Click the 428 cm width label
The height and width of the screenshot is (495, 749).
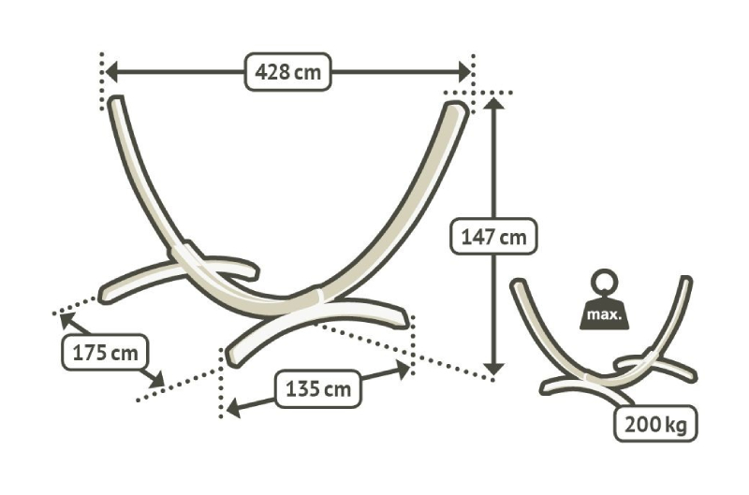click(287, 72)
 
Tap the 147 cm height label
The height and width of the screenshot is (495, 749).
click(494, 237)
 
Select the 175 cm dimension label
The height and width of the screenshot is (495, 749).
click(105, 353)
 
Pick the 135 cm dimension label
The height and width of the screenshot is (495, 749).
click(317, 388)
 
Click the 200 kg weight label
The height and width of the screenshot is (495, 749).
click(655, 424)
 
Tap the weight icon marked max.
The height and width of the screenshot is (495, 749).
click(604, 300)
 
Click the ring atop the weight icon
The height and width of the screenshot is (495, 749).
click(604, 282)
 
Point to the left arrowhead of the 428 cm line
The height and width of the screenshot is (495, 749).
click(110, 72)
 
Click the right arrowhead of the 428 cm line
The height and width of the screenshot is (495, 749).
click(464, 72)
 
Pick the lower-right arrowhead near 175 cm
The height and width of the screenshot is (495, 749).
click(156, 380)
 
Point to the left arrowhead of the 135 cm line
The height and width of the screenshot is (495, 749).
click(233, 409)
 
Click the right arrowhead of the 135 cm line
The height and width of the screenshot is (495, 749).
click(404, 369)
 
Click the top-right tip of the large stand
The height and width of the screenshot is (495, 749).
click(457, 106)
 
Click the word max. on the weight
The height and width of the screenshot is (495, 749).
click(604, 315)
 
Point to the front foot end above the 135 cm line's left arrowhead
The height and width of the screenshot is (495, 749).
click(232, 357)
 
